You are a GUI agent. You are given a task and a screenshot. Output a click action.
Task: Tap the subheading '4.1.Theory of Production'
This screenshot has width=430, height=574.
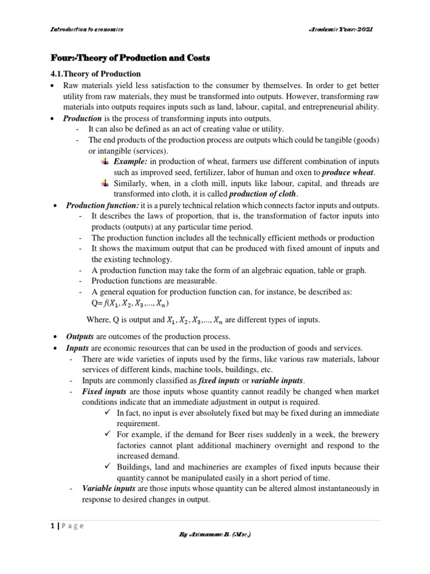coord(96,74)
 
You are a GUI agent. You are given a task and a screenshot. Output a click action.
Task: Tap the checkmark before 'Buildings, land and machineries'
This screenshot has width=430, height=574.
coord(108,466)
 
